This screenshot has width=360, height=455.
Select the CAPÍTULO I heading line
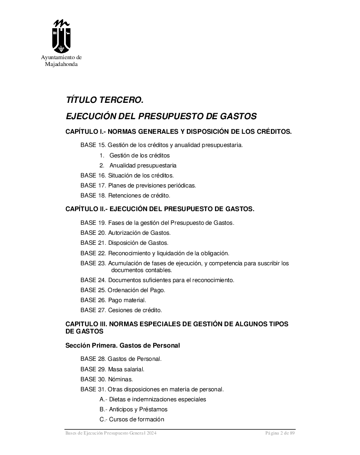click(178, 132)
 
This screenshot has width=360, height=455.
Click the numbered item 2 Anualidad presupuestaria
click(138, 166)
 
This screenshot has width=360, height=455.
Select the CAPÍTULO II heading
click(160, 209)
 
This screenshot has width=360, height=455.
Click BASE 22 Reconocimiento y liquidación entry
click(155, 253)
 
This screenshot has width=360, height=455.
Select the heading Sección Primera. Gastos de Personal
click(123, 346)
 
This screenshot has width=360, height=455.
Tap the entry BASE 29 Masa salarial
click(112, 369)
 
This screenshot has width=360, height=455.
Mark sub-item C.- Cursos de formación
click(131, 420)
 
